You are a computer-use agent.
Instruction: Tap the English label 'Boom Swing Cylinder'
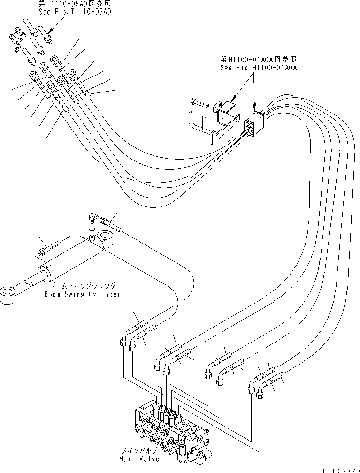[82, 294]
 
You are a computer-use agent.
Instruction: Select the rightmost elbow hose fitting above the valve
[261, 394]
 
